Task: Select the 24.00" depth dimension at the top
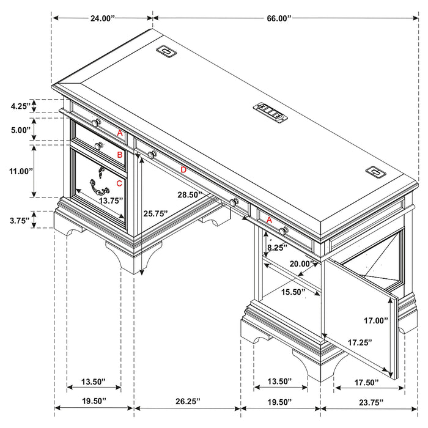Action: (103, 19)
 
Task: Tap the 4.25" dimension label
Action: (20, 106)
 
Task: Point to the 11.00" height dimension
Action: (20, 171)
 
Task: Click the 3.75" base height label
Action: (20, 221)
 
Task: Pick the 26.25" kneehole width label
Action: (187, 402)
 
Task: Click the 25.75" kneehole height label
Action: (155, 214)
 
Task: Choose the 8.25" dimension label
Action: (278, 248)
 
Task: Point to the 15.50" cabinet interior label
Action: (293, 292)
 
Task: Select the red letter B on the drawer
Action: (120, 155)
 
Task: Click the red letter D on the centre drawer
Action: (183, 169)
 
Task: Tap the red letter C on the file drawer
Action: (119, 183)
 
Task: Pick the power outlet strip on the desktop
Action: (270, 111)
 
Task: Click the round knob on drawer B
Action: (98, 146)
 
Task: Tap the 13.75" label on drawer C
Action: (111, 200)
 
